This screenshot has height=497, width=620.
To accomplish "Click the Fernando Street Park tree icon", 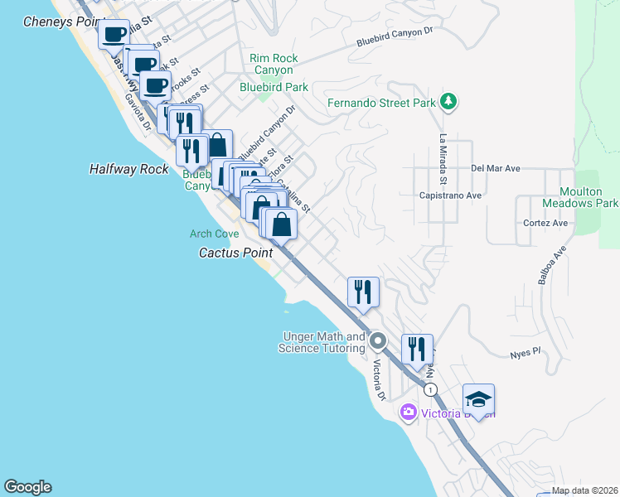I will pos(448,101).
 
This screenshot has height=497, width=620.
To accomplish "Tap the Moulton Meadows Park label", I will pos(580,196).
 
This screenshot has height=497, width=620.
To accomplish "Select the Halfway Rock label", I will pos(128,169).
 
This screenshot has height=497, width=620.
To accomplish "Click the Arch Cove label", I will pos(214,234).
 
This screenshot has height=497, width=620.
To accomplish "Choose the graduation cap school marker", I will pos(478,399).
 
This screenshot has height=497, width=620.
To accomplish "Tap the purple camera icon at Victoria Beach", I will pos(408,412).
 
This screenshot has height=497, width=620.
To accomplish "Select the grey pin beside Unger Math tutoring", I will pos(378,340).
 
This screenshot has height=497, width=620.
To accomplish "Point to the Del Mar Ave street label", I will pos(495,168).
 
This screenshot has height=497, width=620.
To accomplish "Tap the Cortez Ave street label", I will pos(545,223).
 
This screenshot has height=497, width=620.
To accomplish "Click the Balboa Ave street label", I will pos(551,265).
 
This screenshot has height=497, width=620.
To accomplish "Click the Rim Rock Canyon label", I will pos(274,65).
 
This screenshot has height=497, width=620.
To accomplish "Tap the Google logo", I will pos(27,487).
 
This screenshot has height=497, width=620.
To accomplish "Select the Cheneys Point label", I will pos(60,22).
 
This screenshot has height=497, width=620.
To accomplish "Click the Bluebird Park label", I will pos(274,87).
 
